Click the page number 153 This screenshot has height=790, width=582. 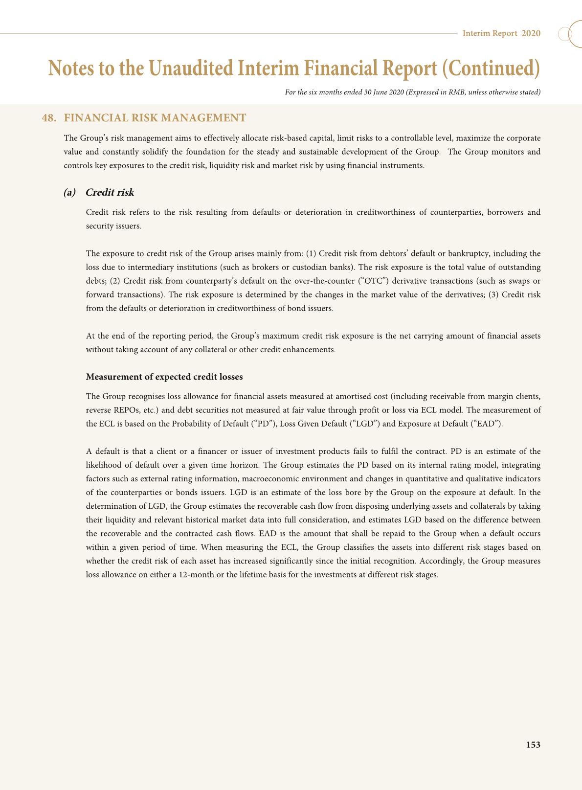533,745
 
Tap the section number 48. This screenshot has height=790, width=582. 49,118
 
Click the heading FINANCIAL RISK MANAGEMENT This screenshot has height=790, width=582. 155,118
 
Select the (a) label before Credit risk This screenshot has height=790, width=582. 70,192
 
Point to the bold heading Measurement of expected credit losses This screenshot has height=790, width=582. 164,377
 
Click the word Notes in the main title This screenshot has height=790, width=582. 70,68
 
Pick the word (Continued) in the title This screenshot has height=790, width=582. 491,68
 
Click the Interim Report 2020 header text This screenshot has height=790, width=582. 501,33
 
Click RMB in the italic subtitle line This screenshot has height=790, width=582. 456,92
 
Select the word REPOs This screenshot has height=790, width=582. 122,410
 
